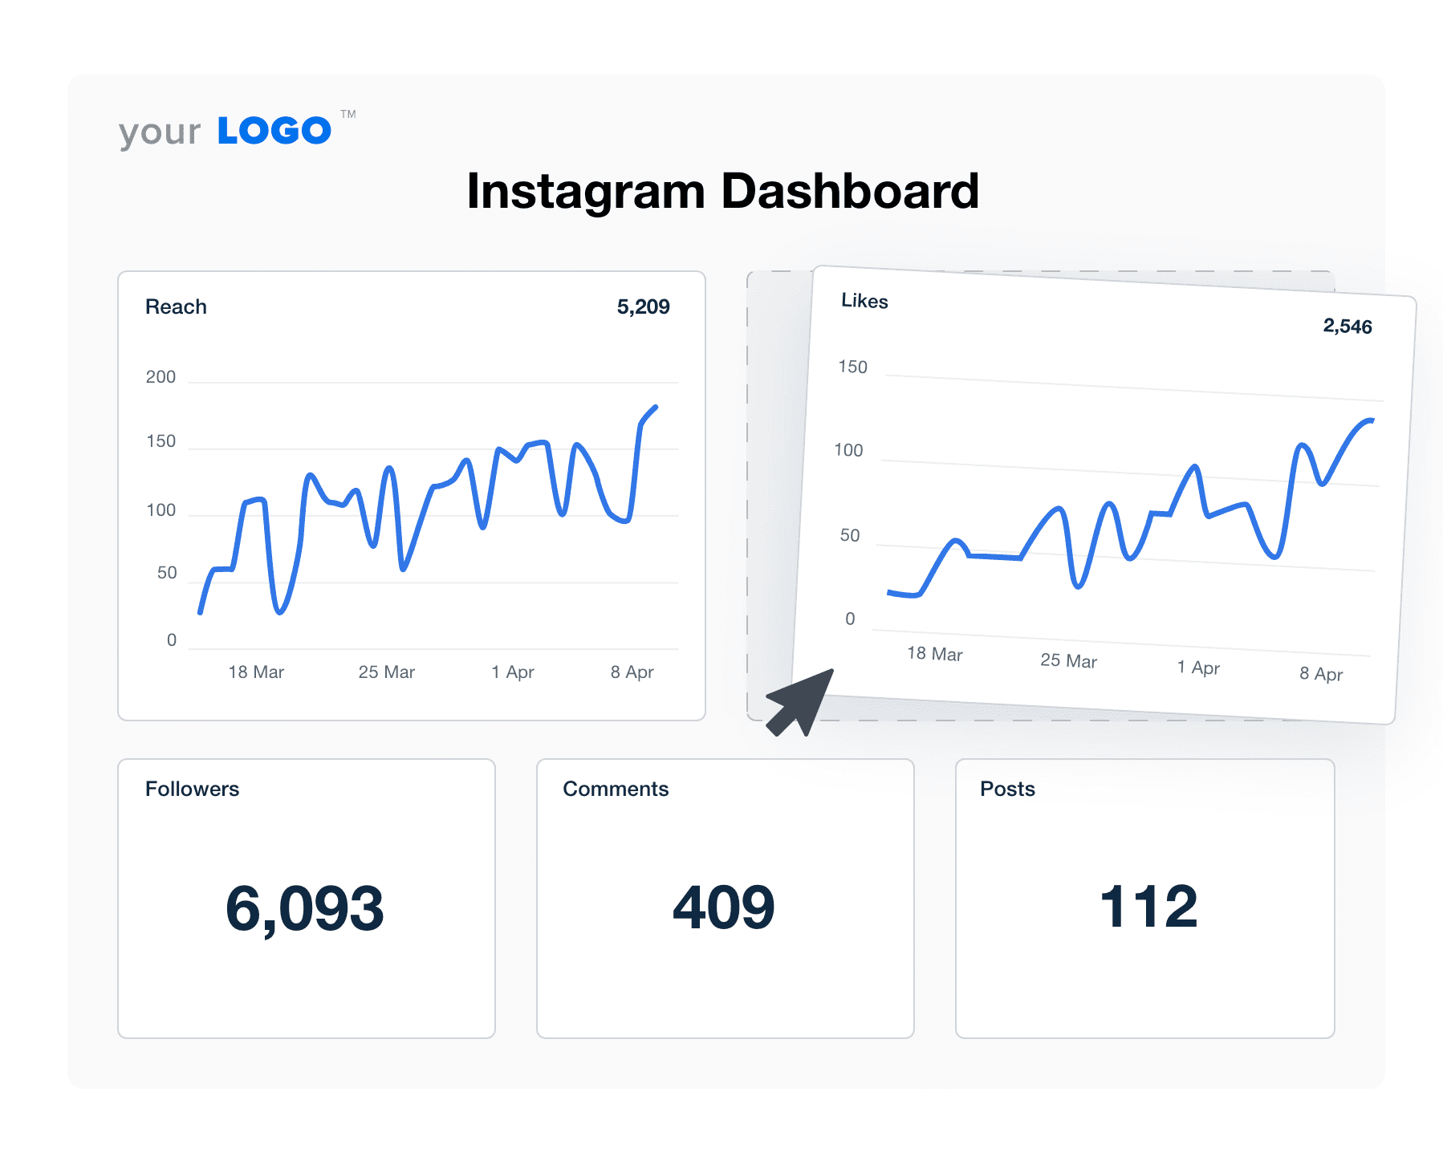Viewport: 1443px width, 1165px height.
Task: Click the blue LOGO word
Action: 274,131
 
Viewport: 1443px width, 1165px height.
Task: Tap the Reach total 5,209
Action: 643,306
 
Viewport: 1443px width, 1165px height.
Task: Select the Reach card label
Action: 176,306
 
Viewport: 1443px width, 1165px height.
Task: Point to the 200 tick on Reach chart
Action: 161,377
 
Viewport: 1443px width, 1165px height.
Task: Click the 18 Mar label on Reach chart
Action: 256,672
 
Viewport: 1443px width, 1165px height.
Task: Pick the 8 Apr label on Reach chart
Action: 632,672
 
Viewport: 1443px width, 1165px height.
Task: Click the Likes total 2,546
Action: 1347,327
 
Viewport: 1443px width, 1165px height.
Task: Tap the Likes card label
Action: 864,301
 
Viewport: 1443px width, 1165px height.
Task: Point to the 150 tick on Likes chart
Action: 852,367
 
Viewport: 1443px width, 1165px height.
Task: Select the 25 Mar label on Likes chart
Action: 1068,660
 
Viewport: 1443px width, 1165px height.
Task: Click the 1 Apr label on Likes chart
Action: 1198,668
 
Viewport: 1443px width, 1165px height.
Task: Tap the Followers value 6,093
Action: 305,909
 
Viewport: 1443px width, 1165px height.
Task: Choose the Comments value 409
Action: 724,907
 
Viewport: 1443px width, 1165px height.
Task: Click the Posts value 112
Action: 1148,907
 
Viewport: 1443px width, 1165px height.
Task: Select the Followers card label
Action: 192,789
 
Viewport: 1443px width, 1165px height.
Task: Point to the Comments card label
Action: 616,789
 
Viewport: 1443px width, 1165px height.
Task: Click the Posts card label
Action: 1007,789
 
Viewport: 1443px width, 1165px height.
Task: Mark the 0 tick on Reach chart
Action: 171,640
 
